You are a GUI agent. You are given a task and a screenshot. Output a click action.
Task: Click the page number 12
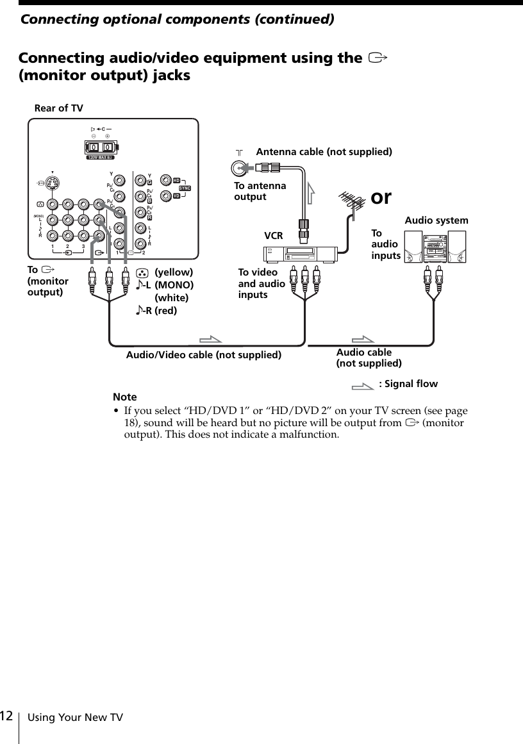[x=7, y=715]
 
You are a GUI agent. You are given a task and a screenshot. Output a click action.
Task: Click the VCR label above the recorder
[x=274, y=236]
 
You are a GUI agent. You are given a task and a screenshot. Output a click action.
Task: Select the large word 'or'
[x=381, y=196]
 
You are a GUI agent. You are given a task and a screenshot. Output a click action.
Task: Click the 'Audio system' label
[x=436, y=220]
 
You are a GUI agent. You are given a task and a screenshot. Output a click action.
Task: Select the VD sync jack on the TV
[x=167, y=195]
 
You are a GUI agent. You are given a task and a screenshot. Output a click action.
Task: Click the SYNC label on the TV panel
[x=185, y=187]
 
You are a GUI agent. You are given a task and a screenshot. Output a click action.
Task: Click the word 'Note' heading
[x=125, y=397]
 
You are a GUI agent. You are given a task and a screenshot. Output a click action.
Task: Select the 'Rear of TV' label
[x=58, y=108]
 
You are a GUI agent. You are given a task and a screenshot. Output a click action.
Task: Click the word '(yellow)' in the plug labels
[x=174, y=272]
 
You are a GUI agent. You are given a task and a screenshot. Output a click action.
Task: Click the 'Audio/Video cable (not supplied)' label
[x=204, y=354]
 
